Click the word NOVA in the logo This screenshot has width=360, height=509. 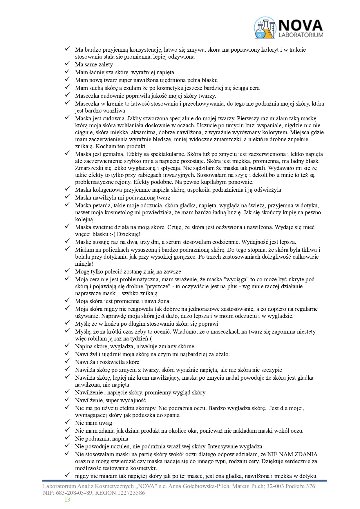click(x=301, y=25)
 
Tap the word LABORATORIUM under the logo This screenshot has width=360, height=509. click(x=301, y=35)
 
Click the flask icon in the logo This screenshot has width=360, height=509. click(x=265, y=28)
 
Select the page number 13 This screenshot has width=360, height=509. click(x=67, y=500)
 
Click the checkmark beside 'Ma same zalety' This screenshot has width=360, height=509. click(x=68, y=63)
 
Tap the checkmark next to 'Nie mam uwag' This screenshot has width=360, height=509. click(x=68, y=422)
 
